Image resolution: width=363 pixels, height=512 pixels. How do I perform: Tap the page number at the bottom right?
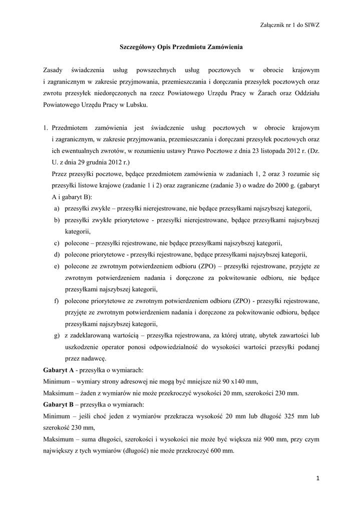[317, 478]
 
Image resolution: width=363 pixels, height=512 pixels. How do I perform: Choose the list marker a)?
[58, 208]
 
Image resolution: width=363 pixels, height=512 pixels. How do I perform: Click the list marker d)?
[58, 254]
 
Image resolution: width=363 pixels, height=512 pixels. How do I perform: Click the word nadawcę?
[93, 358]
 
